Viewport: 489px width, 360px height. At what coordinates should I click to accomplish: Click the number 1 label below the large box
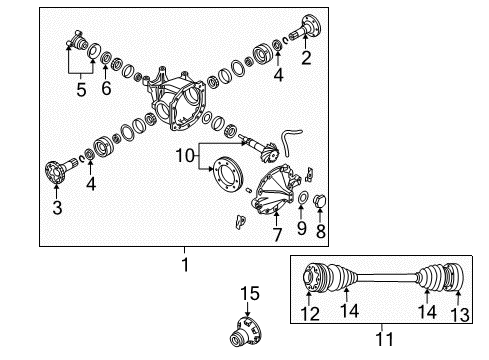click(183, 266)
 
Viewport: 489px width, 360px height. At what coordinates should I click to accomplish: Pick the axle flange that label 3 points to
click(58, 172)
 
